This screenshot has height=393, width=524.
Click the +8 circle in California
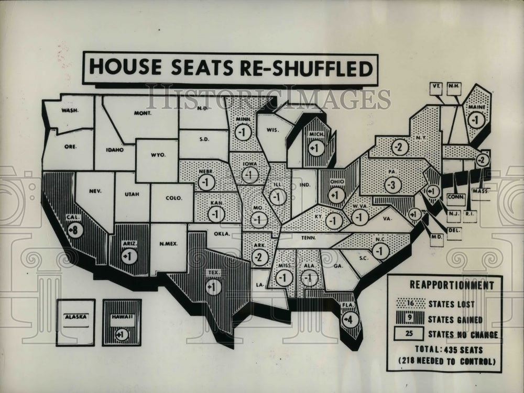(75, 230)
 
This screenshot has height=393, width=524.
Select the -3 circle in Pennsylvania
(392, 185)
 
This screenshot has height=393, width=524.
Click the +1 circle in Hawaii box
(122, 335)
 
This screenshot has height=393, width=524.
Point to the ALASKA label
(75, 317)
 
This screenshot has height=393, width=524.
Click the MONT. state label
(143, 113)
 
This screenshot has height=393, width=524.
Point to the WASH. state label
(70, 110)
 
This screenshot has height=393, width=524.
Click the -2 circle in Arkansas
(258, 257)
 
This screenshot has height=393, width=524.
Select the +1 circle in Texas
(214, 287)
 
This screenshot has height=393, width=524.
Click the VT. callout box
(436, 88)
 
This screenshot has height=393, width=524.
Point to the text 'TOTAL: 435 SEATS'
(444, 350)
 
